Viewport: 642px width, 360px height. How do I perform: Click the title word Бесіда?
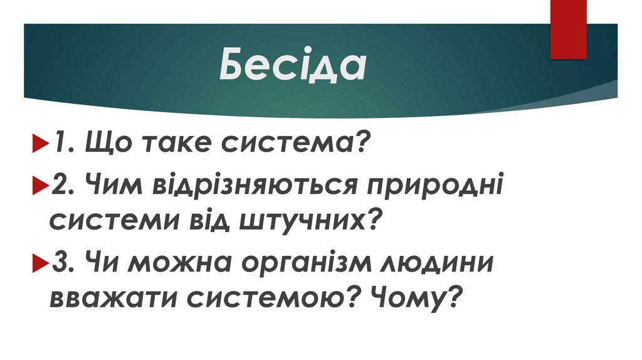293,66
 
